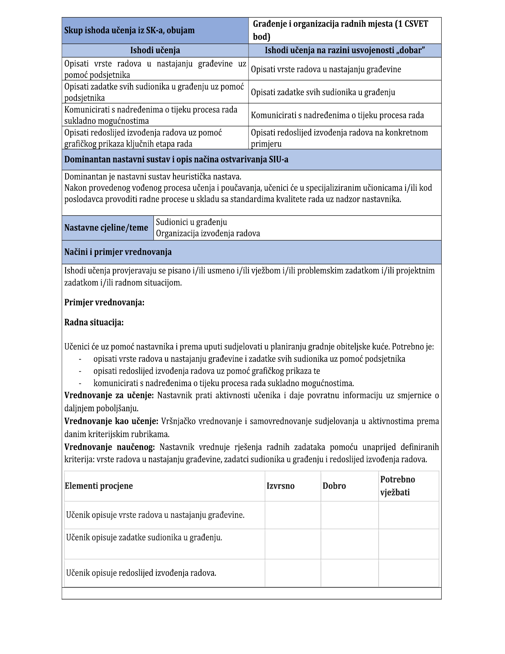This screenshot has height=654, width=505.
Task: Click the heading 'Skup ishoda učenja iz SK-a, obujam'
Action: click(129, 31)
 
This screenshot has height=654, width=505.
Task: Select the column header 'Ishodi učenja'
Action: click(155, 51)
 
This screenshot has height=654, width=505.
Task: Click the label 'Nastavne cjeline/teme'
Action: click(106, 228)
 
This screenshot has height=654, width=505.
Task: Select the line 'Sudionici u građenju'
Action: click(191, 222)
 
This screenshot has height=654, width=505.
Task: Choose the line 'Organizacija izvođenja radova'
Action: click(208, 234)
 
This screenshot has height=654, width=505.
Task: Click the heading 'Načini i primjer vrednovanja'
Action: click(118, 252)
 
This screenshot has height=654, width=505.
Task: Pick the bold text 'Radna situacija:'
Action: click(94, 323)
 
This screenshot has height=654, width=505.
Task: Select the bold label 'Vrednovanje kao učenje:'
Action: click(111, 421)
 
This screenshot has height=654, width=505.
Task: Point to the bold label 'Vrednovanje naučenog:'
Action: click(110, 447)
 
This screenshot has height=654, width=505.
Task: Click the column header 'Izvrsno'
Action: click(281, 486)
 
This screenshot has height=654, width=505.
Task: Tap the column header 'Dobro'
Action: click(334, 486)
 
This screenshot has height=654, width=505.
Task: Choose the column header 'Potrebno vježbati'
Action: click(398, 486)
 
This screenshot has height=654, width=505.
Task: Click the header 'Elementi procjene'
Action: click(99, 486)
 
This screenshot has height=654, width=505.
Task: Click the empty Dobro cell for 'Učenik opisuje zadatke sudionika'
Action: click(349, 544)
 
